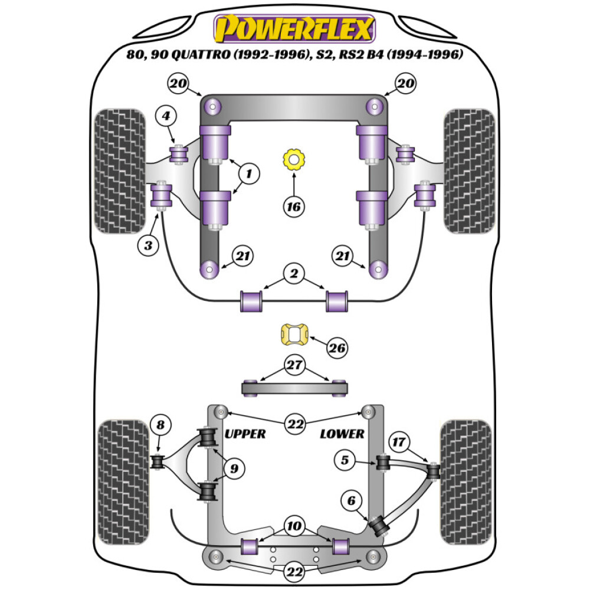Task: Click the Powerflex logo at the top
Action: [294, 28]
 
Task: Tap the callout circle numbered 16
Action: [293, 206]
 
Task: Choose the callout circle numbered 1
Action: [249, 173]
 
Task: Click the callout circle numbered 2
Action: [293, 273]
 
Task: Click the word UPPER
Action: [245, 434]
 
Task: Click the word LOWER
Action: [342, 434]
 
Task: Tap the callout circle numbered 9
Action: [234, 470]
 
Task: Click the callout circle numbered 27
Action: [293, 364]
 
